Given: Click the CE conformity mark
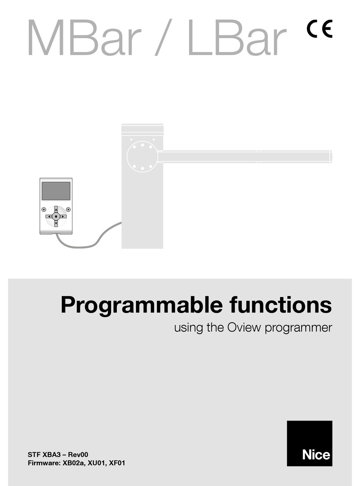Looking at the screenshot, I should pyautogui.click(x=319, y=29).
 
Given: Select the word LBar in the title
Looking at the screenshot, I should pyautogui.click(x=236, y=38).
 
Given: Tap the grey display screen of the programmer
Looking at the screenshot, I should pyautogui.click(x=56, y=191).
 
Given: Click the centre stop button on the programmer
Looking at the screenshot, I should pyautogui.click(x=56, y=216).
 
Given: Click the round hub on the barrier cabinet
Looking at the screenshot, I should pyautogui.click(x=142, y=156).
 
